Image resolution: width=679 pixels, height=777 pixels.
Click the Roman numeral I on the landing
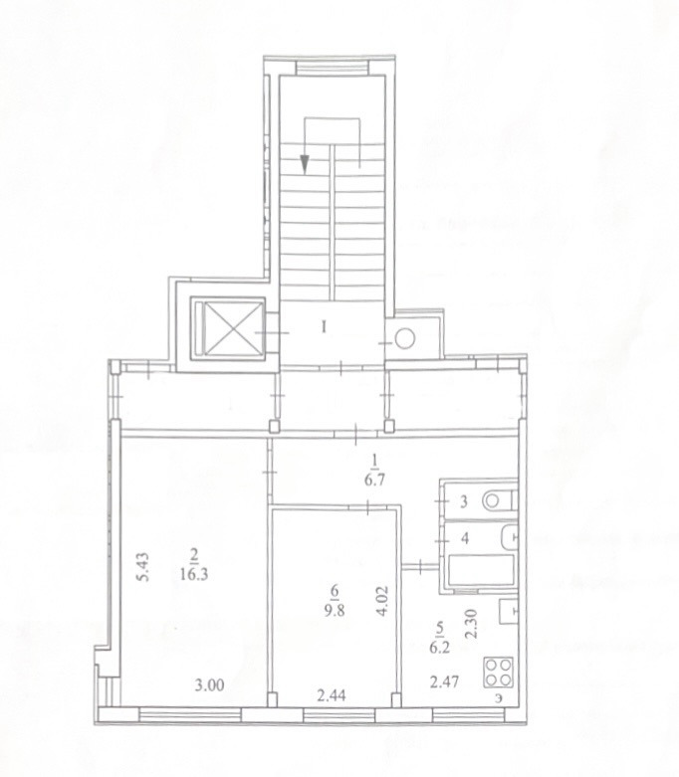point(324,327)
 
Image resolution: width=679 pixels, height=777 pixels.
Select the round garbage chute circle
point(405,338)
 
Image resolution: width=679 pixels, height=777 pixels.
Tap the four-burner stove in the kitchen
point(499,672)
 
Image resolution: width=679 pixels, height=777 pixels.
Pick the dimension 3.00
point(209,685)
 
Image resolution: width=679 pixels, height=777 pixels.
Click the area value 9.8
point(335,610)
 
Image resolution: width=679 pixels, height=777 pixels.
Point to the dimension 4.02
point(383,601)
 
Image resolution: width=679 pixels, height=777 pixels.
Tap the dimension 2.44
point(331,695)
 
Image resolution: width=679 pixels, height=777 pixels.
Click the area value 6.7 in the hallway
point(375,481)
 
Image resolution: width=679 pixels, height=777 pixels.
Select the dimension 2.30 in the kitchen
point(472,625)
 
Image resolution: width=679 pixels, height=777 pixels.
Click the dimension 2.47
point(444,682)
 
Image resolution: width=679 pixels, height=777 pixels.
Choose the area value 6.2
point(439,648)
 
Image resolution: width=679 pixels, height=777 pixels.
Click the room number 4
point(465,538)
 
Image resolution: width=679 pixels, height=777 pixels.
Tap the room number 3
point(464,501)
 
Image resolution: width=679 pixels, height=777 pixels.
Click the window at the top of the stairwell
point(334,67)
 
